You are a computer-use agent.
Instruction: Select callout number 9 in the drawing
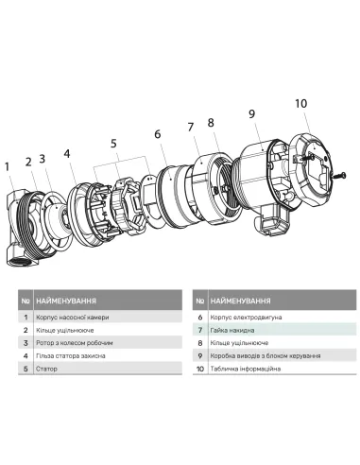point(251,114)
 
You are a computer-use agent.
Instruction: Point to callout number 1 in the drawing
point(9,168)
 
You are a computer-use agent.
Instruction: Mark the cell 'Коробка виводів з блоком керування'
point(270,355)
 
